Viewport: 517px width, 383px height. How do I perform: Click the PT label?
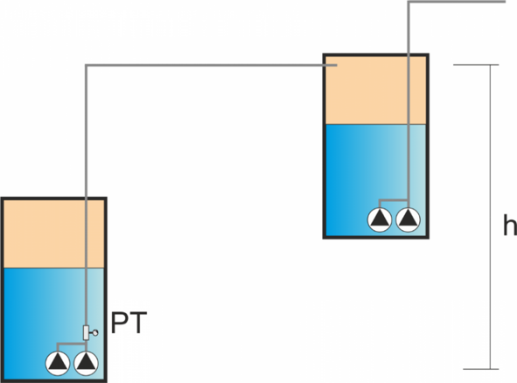click(129, 323)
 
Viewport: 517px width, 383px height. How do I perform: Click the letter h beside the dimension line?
click(510, 225)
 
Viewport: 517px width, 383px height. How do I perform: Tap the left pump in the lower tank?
click(58, 363)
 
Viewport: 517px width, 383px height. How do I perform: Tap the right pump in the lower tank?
click(86, 363)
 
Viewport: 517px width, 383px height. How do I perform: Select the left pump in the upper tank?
click(380, 219)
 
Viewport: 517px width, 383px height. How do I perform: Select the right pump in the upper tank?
click(409, 219)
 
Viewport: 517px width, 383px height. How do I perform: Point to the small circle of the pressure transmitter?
click(95, 333)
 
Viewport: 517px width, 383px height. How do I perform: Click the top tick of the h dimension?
click(476, 65)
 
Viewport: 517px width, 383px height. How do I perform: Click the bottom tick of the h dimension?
click(481, 369)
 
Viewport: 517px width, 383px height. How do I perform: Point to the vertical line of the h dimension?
click(490, 217)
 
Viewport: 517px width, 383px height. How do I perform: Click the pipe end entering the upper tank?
click(336, 66)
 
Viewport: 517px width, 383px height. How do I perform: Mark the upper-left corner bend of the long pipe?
click(87, 66)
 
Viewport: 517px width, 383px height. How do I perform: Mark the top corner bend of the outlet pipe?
click(409, 2)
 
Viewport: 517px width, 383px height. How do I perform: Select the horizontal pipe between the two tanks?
click(211, 66)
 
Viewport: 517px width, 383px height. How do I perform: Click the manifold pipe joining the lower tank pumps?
click(72, 344)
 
